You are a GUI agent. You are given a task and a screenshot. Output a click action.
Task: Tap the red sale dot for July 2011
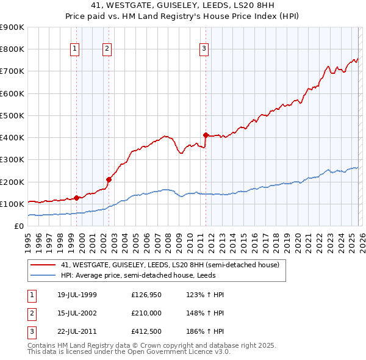click(x=206, y=135)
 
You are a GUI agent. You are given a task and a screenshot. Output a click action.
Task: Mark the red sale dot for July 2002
click(x=109, y=179)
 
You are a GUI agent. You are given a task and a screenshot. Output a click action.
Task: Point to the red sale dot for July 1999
click(x=77, y=198)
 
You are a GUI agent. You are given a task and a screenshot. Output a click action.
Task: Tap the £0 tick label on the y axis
click(x=19, y=226)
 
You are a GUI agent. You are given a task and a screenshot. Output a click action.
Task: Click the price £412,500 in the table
click(x=146, y=331)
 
